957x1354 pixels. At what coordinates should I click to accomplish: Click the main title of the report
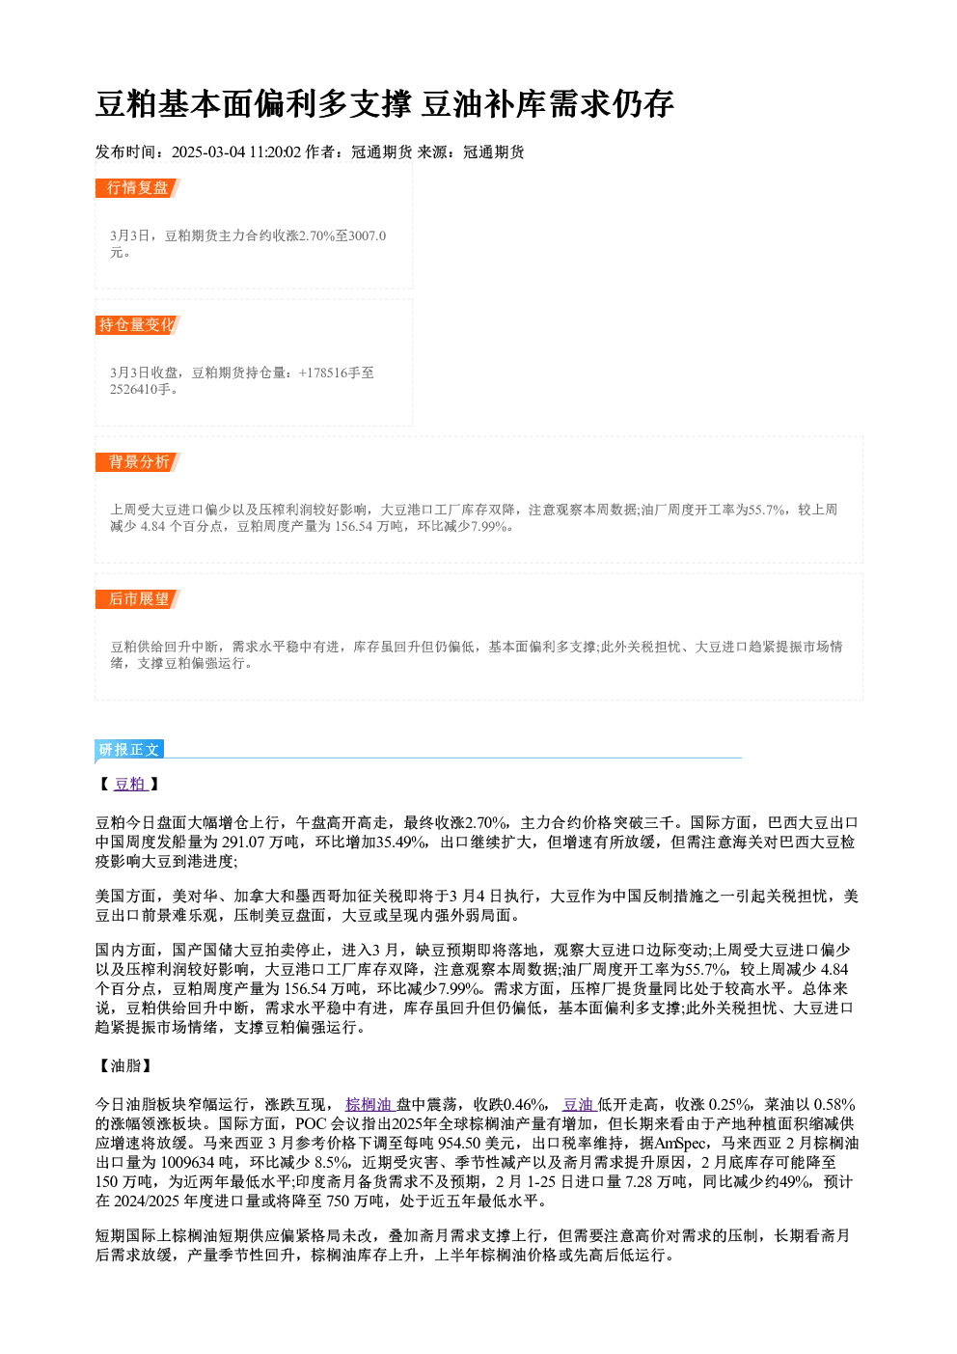[x=384, y=103]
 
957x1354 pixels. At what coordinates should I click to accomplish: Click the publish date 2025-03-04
[x=208, y=152]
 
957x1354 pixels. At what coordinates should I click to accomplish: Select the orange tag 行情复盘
[x=138, y=188]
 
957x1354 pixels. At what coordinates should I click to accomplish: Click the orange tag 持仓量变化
[x=138, y=325]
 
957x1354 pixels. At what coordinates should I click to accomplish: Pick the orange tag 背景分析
[x=138, y=462]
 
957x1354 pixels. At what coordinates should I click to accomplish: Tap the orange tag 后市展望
[x=138, y=599]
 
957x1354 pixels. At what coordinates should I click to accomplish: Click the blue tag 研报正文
[x=129, y=750]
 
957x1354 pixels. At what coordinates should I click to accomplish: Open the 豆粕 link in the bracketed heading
[x=130, y=784]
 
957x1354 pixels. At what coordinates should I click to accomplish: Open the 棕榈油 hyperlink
[x=369, y=1104]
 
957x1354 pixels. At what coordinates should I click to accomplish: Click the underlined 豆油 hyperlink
[x=579, y=1104]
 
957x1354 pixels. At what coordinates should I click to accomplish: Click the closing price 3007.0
[x=368, y=235]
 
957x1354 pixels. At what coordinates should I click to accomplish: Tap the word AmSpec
[x=680, y=1143]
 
